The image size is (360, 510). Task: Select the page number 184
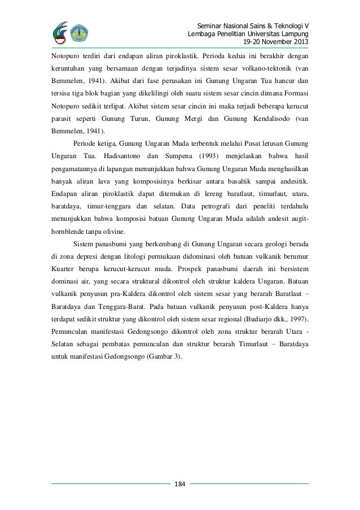pos(180,484)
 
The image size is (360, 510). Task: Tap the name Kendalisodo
pos(270,120)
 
